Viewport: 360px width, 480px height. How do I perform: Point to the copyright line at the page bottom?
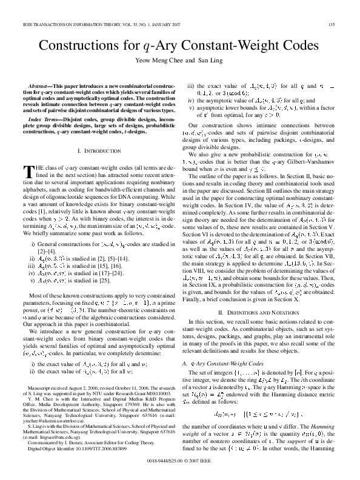click(x=180, y=469)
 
